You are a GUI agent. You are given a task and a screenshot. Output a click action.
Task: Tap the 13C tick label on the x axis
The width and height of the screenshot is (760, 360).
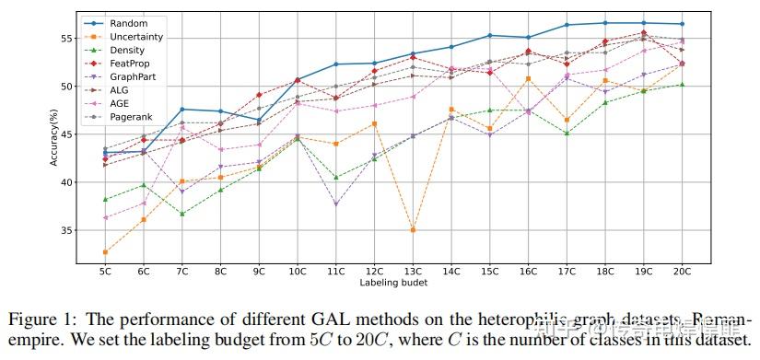(x=413, y=272)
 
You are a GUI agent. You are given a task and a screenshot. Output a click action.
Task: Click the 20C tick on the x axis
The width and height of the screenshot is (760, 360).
(x=683, y=272)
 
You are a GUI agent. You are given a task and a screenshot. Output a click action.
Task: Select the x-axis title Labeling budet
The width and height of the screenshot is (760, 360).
(x=393, y=283)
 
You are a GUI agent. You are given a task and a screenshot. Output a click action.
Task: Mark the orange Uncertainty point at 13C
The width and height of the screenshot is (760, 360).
(x=413, y=229)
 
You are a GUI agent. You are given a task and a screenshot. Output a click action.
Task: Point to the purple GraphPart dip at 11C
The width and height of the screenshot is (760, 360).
(x=335, y=203)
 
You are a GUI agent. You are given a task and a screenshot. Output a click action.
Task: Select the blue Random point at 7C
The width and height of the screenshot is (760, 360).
(x=181, y=110)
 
